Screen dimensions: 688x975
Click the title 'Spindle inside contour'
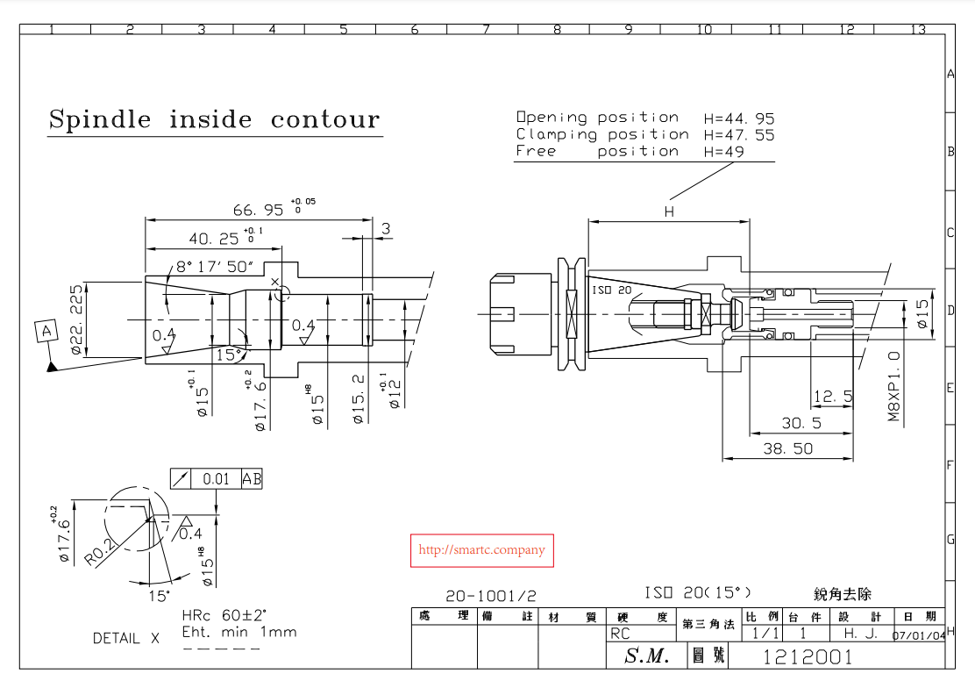click(x=214, y=119)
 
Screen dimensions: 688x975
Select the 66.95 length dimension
click(x=259, y=210)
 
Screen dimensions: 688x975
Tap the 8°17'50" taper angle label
click(x=215, y=266)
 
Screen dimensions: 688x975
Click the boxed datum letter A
click(x=45, y=331)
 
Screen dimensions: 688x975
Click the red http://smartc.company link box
click(x=482, y=550)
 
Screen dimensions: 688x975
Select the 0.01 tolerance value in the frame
click(x=216, y=479)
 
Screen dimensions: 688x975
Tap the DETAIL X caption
click(x=126, y=639)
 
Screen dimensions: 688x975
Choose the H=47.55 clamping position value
click(x=738, y=135)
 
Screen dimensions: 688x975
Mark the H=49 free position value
click(x=723, y=152)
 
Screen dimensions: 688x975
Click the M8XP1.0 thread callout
click(x=894, y=387)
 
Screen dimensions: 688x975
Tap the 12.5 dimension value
click(x=833, y=397)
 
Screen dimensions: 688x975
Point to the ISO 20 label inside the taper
click(x=612, y=290)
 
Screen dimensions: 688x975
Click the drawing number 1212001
click(x=808, y=656)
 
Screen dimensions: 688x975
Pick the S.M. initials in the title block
click(x=646, y=656)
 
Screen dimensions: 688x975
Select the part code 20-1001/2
click(x=490, y=596)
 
